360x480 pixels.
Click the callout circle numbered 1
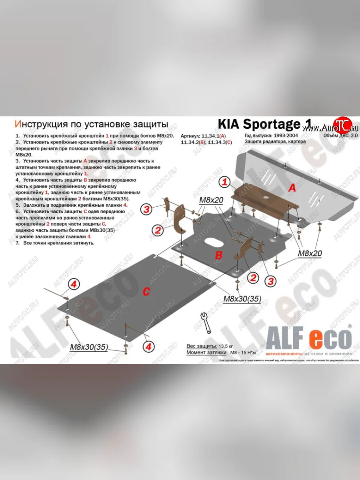tap(225, 182)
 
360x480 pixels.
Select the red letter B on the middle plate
tap(218, 255)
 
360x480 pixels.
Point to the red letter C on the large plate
tap(146, 292)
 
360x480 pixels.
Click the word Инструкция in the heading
tap(39, 124)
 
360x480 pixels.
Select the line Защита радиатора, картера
tap(270, 142)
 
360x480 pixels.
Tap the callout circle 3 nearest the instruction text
tap(147, 209)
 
